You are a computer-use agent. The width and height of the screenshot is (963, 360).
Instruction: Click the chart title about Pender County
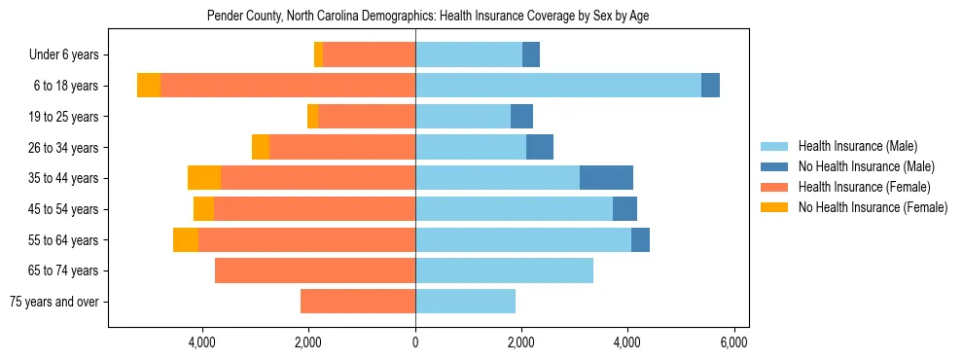pyautogui.click(x=428, y=16)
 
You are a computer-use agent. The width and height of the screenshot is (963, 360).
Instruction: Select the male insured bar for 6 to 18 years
pyautogui.click(x=557, y=86)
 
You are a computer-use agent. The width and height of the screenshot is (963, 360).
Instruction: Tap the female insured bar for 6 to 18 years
pyautogui.click(x=287, y=86)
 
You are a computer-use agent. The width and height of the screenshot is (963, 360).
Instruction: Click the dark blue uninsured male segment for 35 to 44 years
pyautogui.click(x=606, y=178)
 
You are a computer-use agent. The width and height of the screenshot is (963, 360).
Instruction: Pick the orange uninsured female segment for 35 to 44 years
pyautogui.click(x=204, y=178)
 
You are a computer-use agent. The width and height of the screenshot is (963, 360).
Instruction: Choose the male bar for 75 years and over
pyautogui.click(x=465, y=302)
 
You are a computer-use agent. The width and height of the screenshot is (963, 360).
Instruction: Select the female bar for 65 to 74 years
pyautogui.click(x=314, y=270)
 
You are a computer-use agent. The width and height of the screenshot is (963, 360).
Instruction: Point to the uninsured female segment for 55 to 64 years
pyautogui.click(x=186, y=239)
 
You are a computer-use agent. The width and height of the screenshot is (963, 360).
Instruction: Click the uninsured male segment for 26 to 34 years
pyautogui.click(x=540, y=147)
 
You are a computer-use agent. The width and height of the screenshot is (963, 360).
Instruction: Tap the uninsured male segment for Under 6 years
pyautogui.click(x=531, y=54)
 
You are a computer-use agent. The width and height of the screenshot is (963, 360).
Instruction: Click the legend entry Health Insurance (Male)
pyautogui.click(x=857, y=146)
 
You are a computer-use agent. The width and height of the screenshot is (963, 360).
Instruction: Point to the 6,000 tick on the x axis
pyautogui.click(x=733, y=342)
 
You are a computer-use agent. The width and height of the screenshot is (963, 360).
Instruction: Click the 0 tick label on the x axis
pyautogui.click(x=415, y=342)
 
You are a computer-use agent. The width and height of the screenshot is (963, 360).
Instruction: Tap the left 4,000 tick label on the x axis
pyautogui.click(x=202, y=342)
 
